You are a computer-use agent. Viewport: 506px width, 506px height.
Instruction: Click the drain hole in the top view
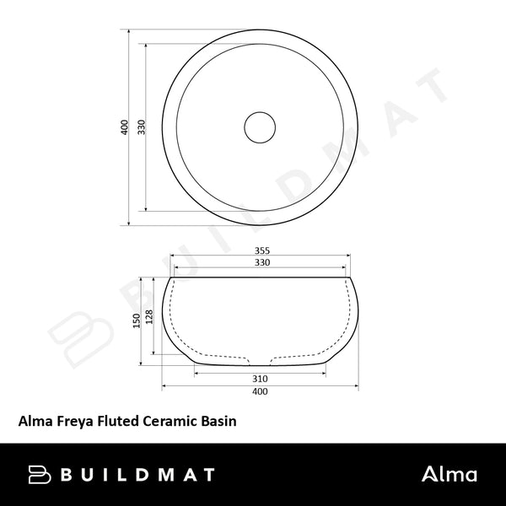(260, 127)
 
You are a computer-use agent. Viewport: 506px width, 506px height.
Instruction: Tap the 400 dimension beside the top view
(124, 127)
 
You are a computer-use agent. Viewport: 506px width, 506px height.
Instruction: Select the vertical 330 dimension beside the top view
(143, 127)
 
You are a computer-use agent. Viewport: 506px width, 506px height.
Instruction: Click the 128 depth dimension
(150, 316)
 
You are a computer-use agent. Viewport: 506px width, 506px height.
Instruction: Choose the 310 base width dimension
(260, 379)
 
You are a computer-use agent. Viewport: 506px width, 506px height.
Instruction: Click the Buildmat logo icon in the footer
(43, 474)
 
